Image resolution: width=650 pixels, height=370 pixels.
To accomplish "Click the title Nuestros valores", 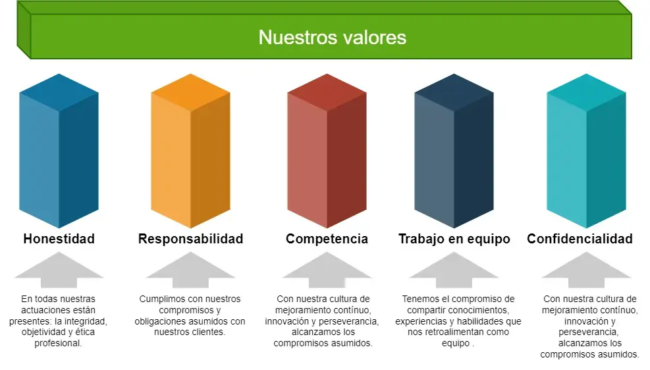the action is [x=333, y=38].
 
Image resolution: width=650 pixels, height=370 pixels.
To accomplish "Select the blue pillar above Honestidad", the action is [x=59, y=151].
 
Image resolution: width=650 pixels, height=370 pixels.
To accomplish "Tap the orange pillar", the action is [x=191, y=151].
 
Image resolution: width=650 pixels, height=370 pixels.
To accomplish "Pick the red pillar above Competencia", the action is [x=327, y=151].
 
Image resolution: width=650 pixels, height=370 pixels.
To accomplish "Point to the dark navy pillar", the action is [x=454, y=151].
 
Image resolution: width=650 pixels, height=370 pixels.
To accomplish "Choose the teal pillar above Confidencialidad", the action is [x=586, y=151].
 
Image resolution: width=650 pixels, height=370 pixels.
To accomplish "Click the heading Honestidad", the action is [x=59, y=239].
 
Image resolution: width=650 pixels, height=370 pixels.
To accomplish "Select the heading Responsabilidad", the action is [x=191, y=239].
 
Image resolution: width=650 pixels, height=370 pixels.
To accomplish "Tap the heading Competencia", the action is [x=327, y=239].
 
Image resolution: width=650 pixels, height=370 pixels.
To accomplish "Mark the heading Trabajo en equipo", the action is [x=454, y=239].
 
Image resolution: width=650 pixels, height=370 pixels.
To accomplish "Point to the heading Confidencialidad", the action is [x=580, y=239].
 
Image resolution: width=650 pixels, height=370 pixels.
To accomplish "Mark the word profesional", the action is [x=58, y=344].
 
